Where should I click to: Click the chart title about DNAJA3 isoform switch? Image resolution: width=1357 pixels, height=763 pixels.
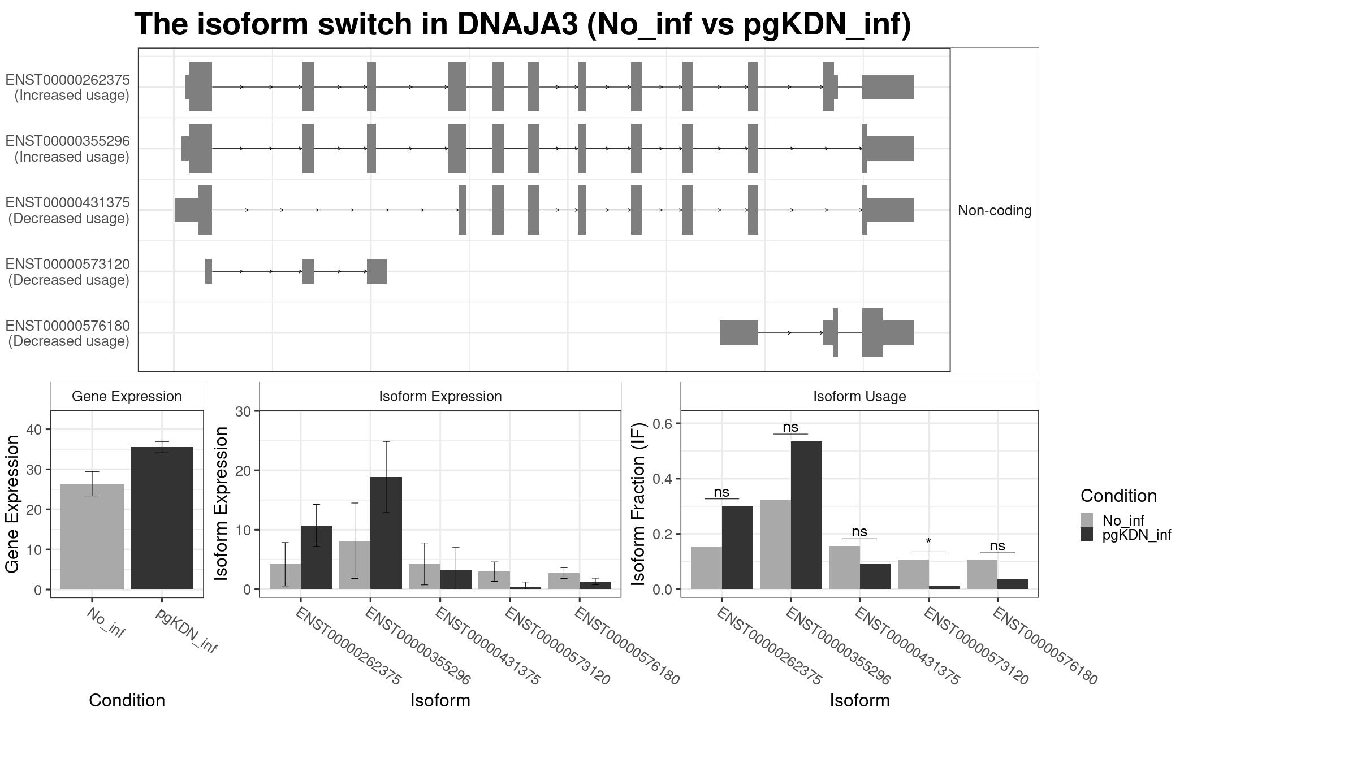[522, 24]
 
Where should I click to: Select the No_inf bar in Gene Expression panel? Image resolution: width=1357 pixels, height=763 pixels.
[92, 536]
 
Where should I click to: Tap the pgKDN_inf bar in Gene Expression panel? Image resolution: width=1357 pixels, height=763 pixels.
[162, 518]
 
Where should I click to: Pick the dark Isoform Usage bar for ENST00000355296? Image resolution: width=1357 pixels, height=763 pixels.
[806, 515]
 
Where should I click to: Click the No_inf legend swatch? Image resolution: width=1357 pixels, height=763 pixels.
[1087, 520]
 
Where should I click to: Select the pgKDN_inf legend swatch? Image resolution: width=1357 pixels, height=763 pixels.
[1087, 534]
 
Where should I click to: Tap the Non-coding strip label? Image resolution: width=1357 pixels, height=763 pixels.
[995, 210]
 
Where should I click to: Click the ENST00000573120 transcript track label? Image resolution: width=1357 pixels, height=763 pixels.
[68, 272]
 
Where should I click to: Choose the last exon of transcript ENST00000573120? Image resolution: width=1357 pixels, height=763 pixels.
[377, 271]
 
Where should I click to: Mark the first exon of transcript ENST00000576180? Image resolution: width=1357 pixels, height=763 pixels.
[738, 333]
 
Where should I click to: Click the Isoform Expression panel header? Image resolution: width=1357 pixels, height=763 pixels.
[440, 396]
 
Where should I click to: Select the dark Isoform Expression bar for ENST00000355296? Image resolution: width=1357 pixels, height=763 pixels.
[386, 533]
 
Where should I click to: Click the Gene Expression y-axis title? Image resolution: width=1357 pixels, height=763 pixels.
[12, 504]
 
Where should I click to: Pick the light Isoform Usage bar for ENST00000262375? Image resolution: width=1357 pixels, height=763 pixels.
[706, 567]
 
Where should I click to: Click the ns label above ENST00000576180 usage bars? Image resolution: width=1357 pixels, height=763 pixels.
[997, 545]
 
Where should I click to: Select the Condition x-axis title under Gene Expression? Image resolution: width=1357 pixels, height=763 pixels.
[127, 700]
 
